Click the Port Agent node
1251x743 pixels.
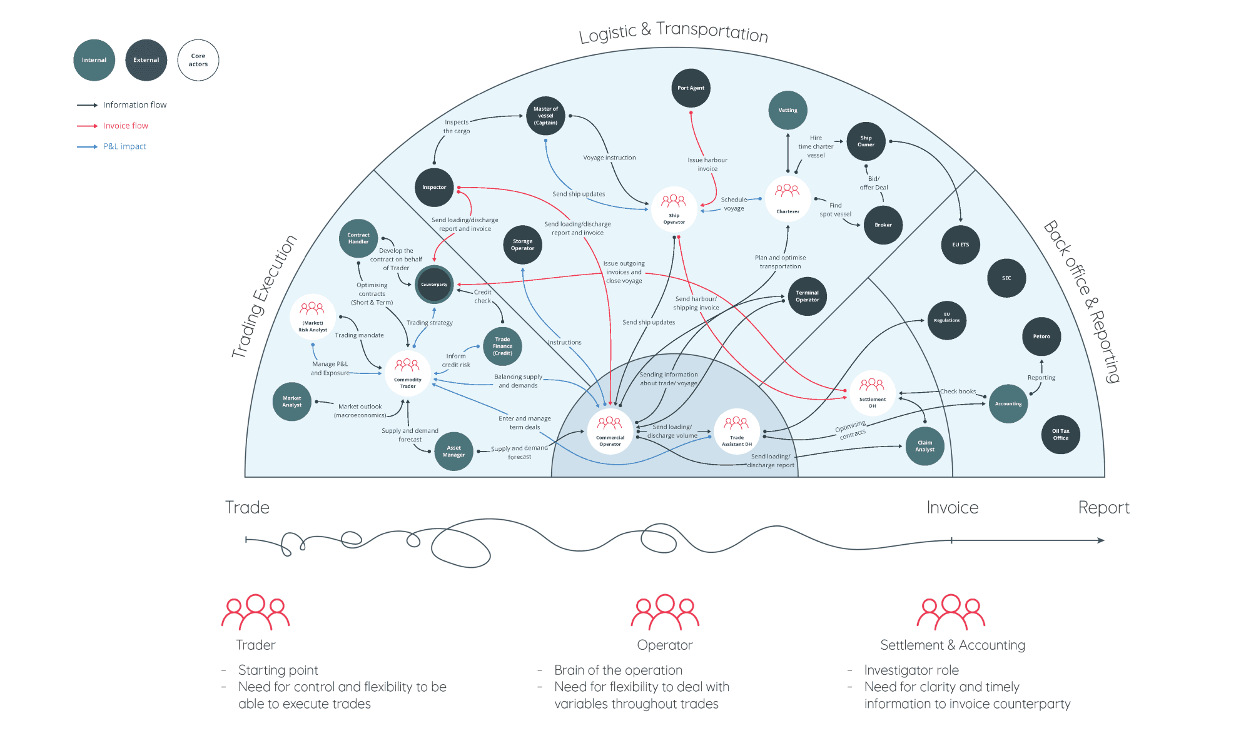coord(691,88)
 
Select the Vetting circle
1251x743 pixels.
coord(788,110)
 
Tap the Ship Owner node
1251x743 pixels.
coord(866,141)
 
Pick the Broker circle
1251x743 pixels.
coord(883,225)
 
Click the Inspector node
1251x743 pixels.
coord(434,187)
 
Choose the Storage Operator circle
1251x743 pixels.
coord(522,245)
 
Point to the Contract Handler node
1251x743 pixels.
coord(358,238)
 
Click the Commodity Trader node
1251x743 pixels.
coord(407,373)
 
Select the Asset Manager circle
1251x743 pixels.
coord(453,451)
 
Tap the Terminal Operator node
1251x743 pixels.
coord(807,296)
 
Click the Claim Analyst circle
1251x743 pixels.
coord(924,446)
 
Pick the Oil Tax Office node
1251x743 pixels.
coord(1060,434)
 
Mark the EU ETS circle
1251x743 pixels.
coord(960,245)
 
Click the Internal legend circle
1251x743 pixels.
coord(94,60)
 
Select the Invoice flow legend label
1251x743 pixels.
coord(126,126)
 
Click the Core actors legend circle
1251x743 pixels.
coord(198,60)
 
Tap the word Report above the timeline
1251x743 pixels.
coord(1103,507)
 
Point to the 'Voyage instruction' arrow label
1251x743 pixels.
coord(609,158)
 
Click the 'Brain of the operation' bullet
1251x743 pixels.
coord(618,670)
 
